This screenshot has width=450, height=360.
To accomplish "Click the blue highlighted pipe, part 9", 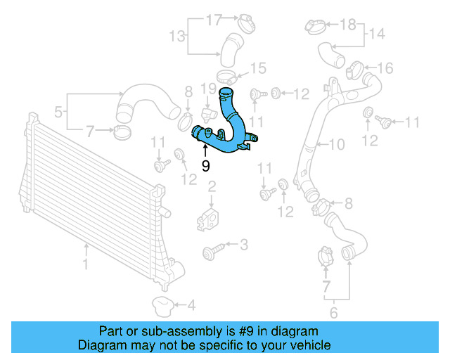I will click(229, 130).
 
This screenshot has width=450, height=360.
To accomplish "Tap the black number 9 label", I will click(205, 166).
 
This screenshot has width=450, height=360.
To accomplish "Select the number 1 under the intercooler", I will click(86, 265).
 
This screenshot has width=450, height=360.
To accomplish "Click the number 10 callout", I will click(337, 145).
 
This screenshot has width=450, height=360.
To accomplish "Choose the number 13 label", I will click(176, 35).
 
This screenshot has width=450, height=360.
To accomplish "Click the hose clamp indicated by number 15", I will click(226, 73).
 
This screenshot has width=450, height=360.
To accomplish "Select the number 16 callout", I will click(385, 68).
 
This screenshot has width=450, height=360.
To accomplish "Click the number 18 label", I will click(348, 25).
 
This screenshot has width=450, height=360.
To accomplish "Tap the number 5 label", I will click(59, 111).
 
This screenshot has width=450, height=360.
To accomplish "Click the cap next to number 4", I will click(163, 305).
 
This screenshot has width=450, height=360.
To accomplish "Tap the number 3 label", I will click(244, 245).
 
